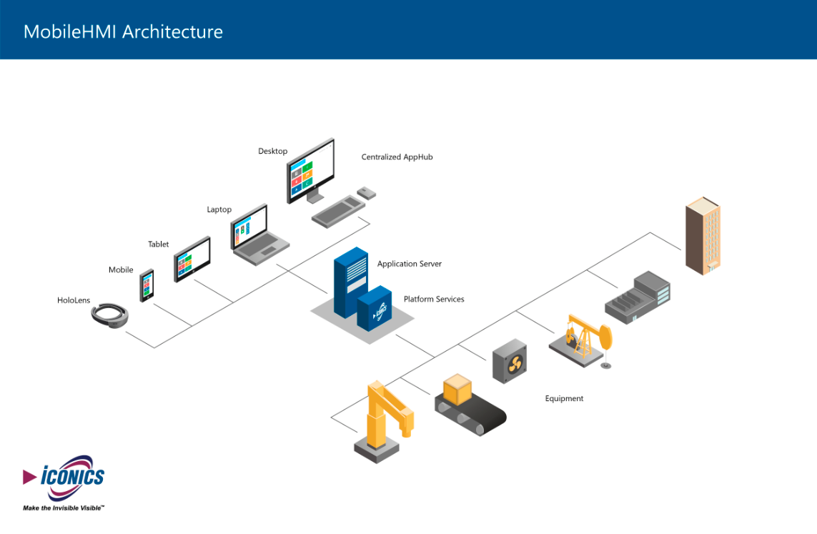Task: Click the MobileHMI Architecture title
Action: click(123, 32)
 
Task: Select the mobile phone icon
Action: click(147, 285)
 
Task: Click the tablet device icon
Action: click(192, 259)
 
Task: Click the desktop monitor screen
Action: click(311, 170)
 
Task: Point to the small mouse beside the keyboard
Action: click(367, 192)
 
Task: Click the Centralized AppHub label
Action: click(397, 157)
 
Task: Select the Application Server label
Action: click(409, 264)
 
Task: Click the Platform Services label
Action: click(434, 299)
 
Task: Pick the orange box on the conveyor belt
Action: click(457, 390)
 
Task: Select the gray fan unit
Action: click(510, 361)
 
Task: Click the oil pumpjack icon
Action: click(583, 340)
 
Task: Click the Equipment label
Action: click(564, 398)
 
